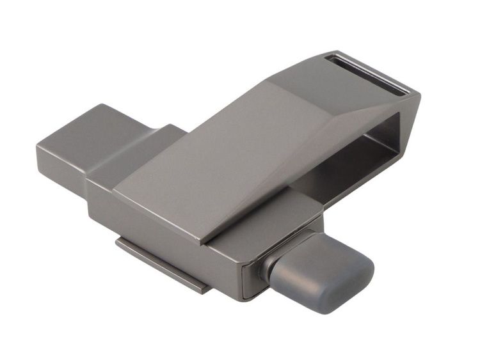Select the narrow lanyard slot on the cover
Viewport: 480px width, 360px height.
[365, 75]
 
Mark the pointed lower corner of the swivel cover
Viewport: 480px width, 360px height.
[203, 242]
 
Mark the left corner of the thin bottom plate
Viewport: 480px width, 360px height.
[119, 244]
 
